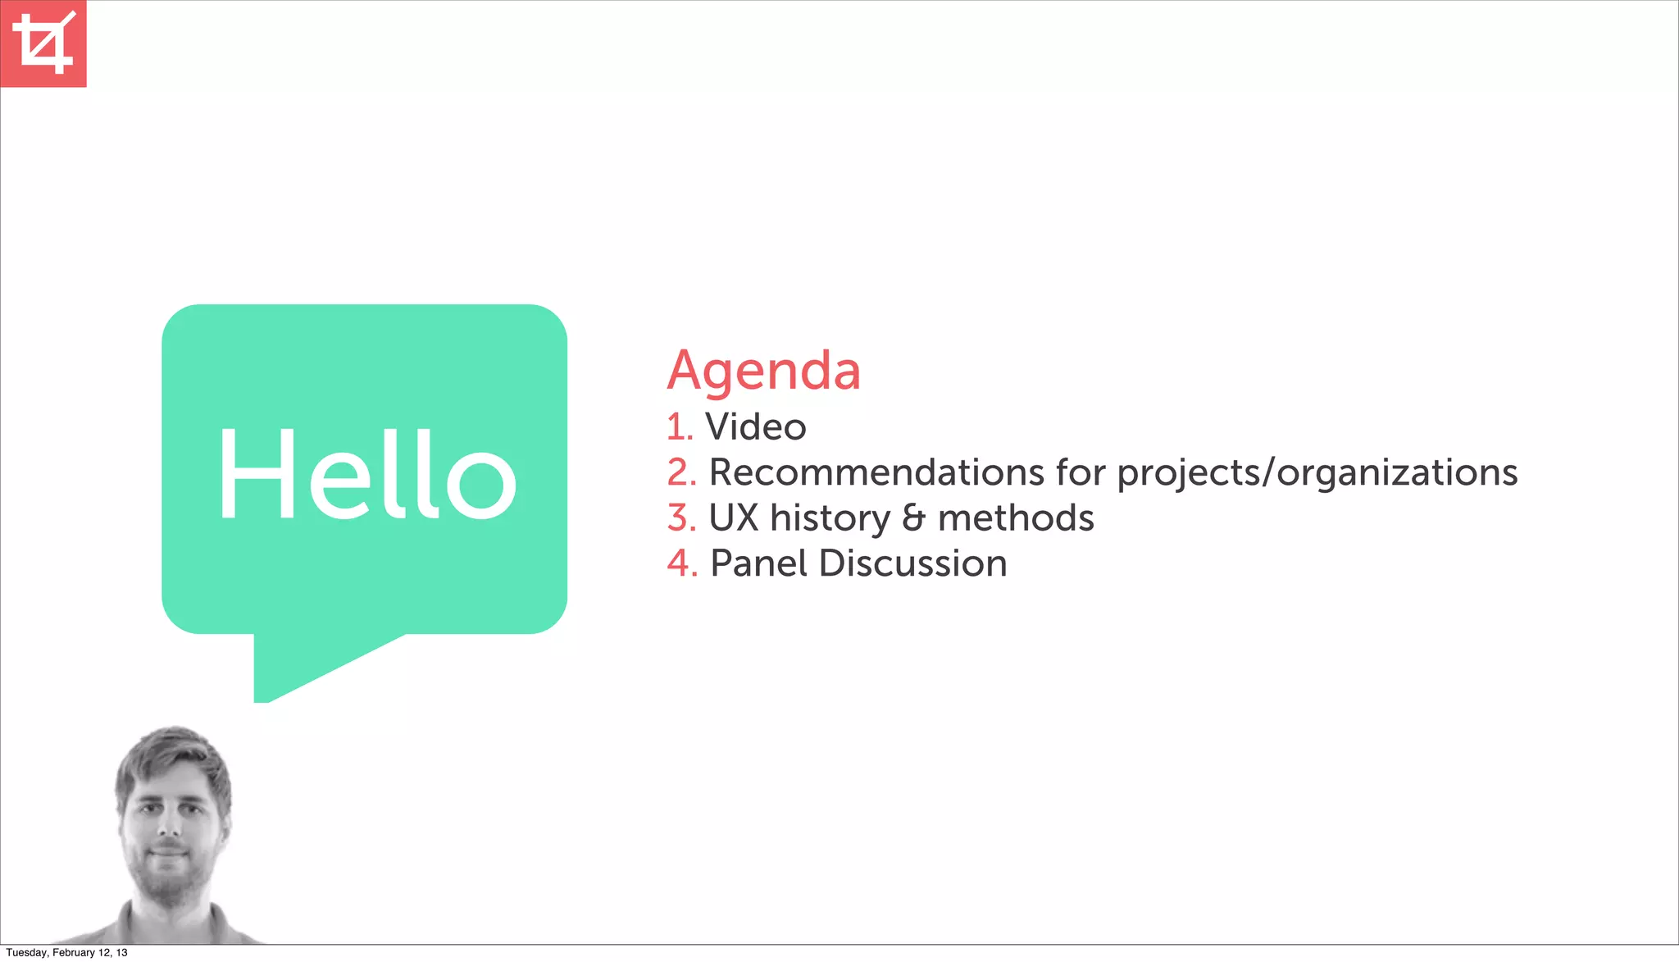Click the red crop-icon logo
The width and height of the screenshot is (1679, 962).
click(43, 43)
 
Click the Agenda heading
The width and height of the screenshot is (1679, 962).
click(763, 371)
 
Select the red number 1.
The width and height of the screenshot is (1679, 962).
click(679, 427)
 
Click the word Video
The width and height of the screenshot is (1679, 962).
click(755, 427)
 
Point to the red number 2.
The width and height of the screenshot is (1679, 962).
click(680, 472)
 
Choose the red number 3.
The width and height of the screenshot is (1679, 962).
click(680, 518)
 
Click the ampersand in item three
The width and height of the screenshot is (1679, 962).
click(913, 518)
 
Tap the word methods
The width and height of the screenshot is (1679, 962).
click(1015, 518)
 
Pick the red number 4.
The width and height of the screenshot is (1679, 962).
click(681, 563)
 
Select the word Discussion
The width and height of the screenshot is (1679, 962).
click(912, 563)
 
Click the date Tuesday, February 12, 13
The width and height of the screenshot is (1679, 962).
click(66, 953)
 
